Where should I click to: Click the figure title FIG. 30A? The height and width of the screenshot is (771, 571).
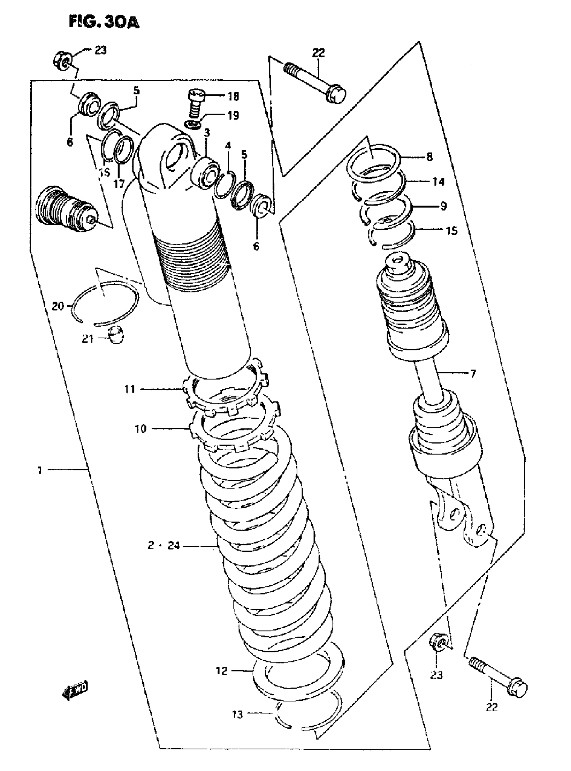click(104, 22)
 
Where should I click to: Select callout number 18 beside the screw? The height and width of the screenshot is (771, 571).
click(234, 97)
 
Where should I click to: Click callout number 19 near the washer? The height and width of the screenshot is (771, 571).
click(234, 115)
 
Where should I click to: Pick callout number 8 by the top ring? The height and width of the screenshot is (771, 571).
click(430, 157)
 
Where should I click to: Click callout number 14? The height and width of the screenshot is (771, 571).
click(439, 182)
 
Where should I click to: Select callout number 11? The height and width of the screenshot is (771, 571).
click(130, 389)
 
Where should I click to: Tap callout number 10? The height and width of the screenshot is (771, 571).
click(141, 429)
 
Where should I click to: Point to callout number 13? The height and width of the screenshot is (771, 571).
click(237, 714)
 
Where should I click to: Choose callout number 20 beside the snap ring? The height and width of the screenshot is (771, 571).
click(58, 306)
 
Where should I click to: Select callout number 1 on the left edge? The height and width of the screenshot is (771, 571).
click(40, 470)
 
